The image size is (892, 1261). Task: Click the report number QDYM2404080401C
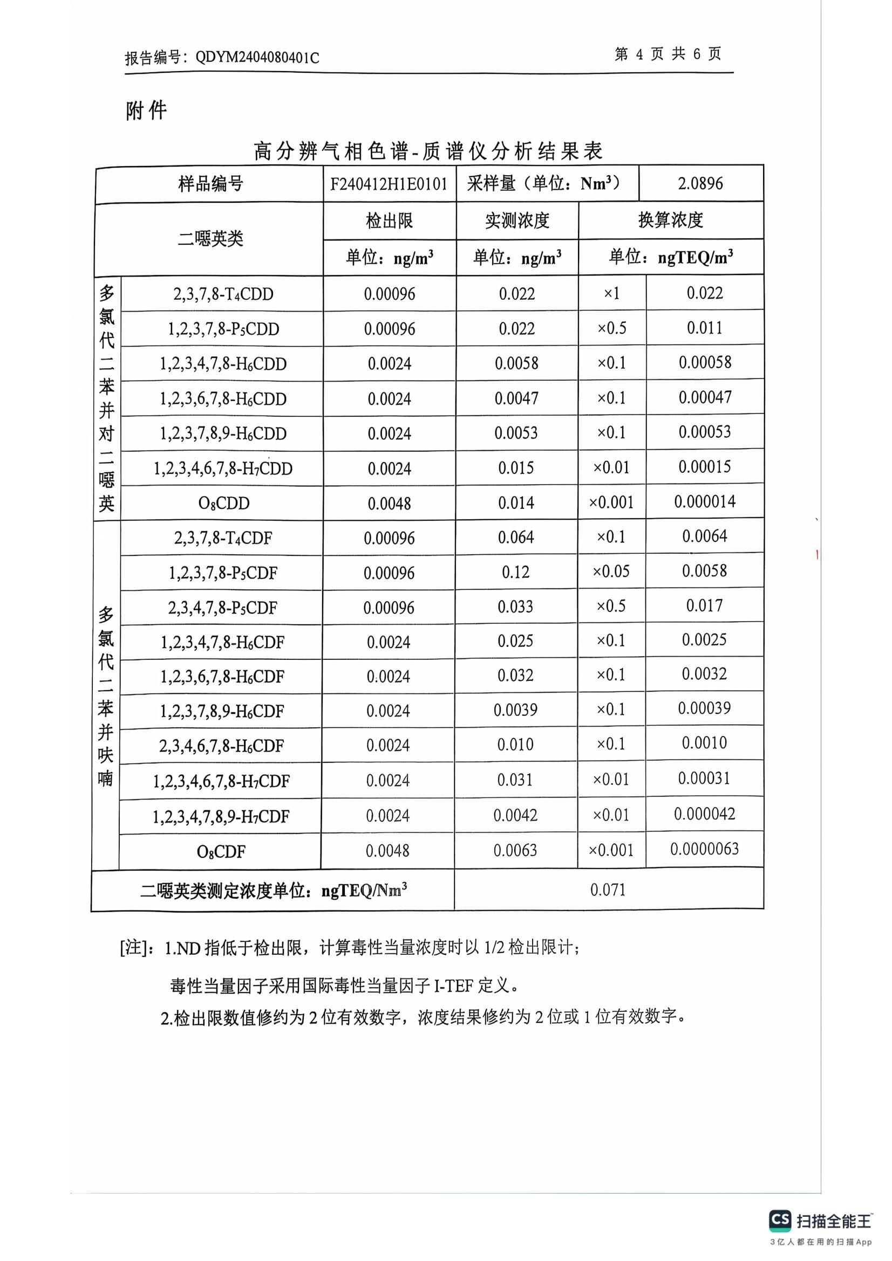(x=257, y=58)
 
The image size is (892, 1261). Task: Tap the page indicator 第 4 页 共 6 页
(x=668, y=54)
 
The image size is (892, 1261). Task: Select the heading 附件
(x=146, y=111)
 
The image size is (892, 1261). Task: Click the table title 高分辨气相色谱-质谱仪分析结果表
(x=428, y=151)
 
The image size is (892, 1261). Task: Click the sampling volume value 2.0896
(x=700, y=183)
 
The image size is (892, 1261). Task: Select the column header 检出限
(x=389, y=221)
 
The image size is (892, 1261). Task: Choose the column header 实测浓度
(x=516, y=221)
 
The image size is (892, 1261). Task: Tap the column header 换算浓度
(x=671, y=220)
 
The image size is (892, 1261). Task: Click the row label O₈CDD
(x=224, y=503)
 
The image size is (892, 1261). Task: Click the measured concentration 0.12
(x=515, y=573)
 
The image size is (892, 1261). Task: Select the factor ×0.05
(x=611, y=571)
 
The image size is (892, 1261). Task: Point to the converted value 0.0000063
(x=704, y=849)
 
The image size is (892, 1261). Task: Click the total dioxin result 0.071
(x=608, y=890)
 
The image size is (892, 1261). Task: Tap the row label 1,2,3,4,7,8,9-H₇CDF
(x=221, y=817)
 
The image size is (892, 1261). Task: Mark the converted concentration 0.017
(x=704, y=606)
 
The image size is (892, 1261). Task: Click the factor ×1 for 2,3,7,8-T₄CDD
(x=611, y=294)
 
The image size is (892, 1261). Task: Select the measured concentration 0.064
(x=515, y=538)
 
